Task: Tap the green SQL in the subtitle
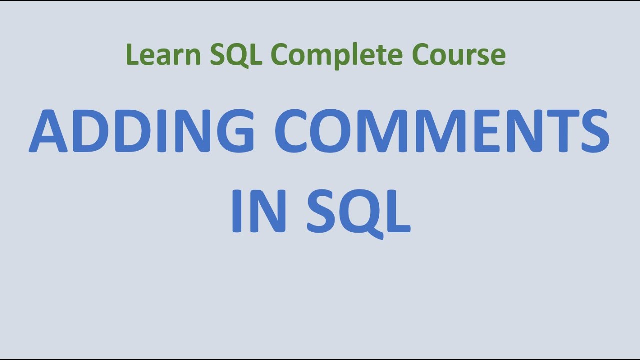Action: coord(236,55)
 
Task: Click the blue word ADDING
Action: coord(142,131)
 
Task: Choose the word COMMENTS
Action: coord(442,131)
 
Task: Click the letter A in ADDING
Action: coord(48,131)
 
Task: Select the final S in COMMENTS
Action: coord(592,131)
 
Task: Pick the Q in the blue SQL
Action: coord(360,212)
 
